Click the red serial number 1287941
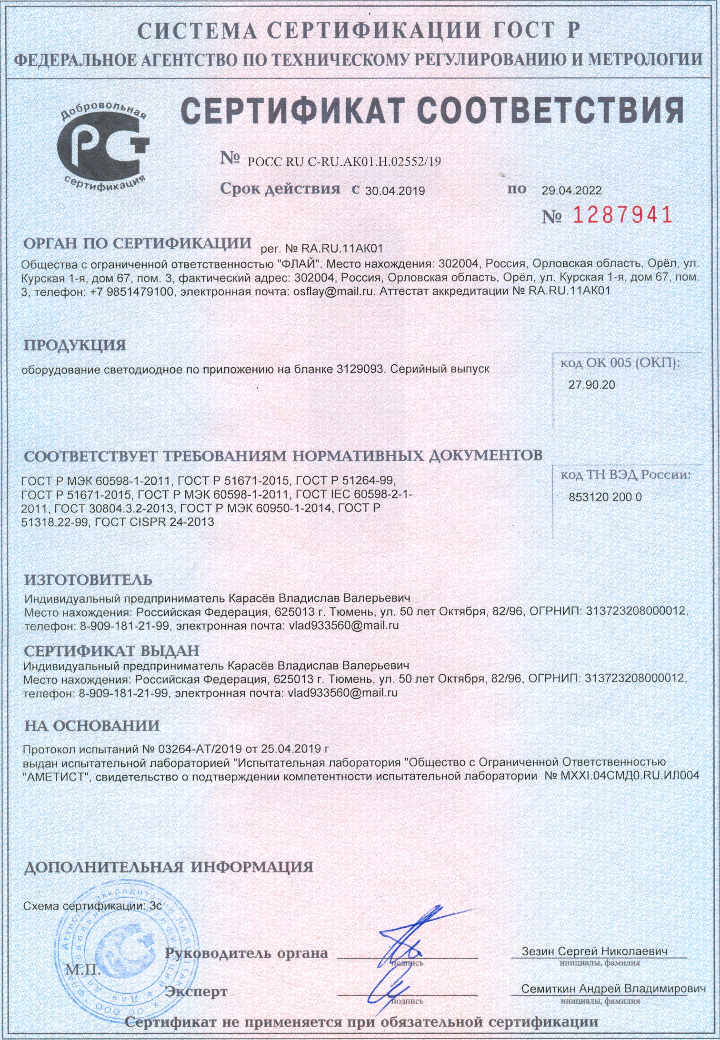click(621, 216)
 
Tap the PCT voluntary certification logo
click(103, 148)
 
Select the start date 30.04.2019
click(395, 191)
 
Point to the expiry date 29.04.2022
click(571, 191)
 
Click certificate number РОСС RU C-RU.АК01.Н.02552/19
click(344, 162)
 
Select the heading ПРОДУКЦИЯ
click(75, 345)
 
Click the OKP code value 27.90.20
click(591, 385)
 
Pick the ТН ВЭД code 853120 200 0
click(605, 497)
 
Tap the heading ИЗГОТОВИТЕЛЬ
click(89, 580)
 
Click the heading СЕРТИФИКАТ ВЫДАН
click(111, 650)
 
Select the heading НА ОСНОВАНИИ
click(92, 726)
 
